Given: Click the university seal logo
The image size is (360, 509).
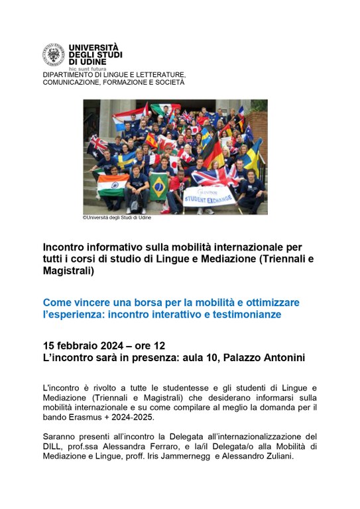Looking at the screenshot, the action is [54, 55].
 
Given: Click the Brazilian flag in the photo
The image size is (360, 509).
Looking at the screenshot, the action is [159, 186].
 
